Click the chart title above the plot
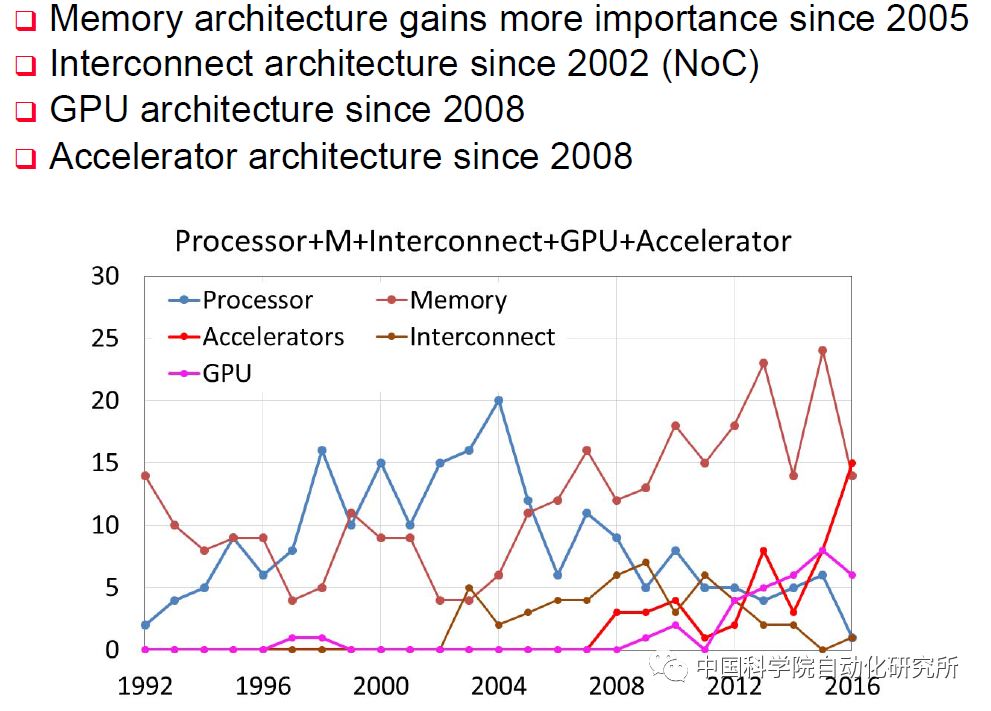pyautogui.click(x=483, y=241)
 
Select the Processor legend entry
pyautogui.click(x=258, y=300)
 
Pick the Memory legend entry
pyautogui.click(x=458, y=300)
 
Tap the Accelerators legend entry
pyautogui.click(x=273, y=337)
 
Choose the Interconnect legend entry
pyautogui.click(x=482, y=337)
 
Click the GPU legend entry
pyautogui.click(x=227, y=374)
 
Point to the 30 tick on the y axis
pyautogui.click(x=105, y=276)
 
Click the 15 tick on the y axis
pyautogui.click(x=105, y=463)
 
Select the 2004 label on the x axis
pyautogui.click(x=498, y=686)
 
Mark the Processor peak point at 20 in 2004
pyautogui.click(x=498, y=400)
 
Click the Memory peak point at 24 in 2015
pyautogui.click(x=823, y=351)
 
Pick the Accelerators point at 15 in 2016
pyautogui.click(x=852, y=463)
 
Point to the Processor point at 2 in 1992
pyautogui.click(x=146, y=624)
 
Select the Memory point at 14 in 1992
pyautogui.click(x=146, y=475)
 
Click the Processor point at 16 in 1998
pyautogui.click(x=322, y=450)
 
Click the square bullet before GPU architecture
pyautogui.click(x=26, y=111)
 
